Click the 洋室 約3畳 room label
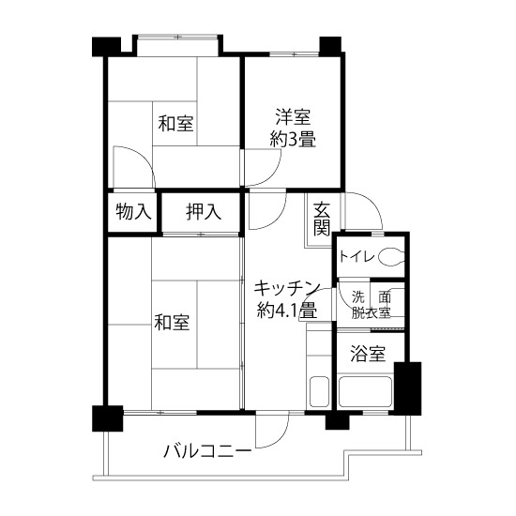pyautogui.click(x=293, y=129)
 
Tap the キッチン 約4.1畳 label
pyautogui.click(x=287, y=299)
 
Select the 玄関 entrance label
pyautogui.click(x=322, y=220)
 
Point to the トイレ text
pyautogui.click(x=357, y=257)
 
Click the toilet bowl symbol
pyautogui.click(x=391, y=256)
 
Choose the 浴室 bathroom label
pyautogui.click(x=368, y=354)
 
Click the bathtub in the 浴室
pyautogui.click(x=366, y=392)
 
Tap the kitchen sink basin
pyautogui.click(x=319, y=391)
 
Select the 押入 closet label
pyautogui.click(x=203, y=212)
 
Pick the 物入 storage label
pyautogui.click(x=133, y=211)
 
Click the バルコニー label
pyautogui.click(x=207, y=451)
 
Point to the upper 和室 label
pyautogui.click(x=175, y=124)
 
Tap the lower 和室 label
pyautogui.click(x=172, y=322)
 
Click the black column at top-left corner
pyautogui.click(x=106, y=47)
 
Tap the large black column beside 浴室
pyautogui.click(x=408, y=388)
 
